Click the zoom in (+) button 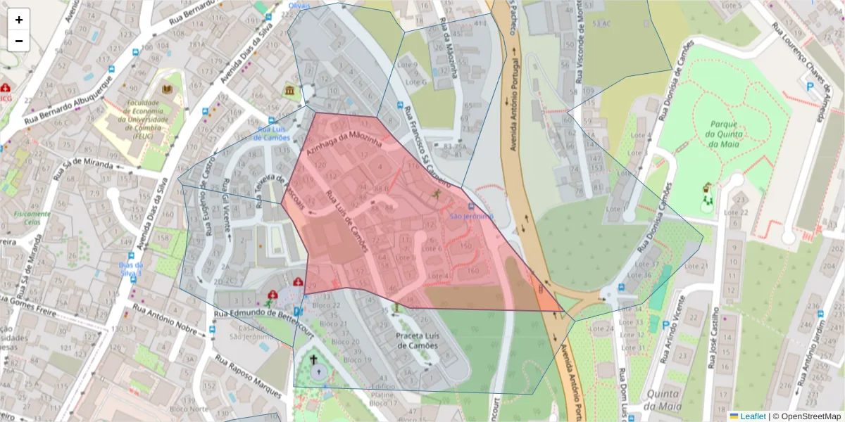(19, 20)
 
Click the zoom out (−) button (19, 41)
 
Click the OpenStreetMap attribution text (807, 416)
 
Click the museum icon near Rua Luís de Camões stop (289, 91)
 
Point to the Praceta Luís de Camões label (418, 340)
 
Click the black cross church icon (314, 359)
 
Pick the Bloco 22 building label (325, 305)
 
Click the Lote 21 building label (695, 267)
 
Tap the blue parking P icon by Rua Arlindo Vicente (666, 325)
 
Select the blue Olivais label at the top (299, 6)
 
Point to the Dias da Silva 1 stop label (130, 268)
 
